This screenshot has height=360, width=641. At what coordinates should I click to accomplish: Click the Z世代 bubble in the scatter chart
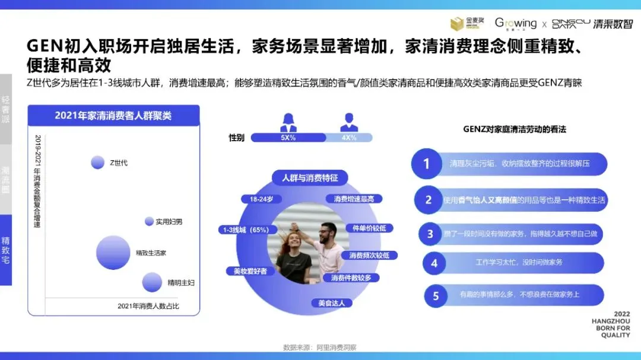pyautogui.click(x=97, y=162)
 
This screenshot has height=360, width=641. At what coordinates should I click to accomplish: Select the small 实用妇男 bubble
pyautogui.click(x=149, y=221)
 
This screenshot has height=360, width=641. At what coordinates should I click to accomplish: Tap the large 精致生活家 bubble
pyautogui.click(x=113, y=252)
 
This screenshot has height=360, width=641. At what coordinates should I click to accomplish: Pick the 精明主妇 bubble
pyautogui.click(x=152, y=282)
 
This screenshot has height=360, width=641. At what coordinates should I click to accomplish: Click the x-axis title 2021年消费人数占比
pyautogui.click(x=148, y=306)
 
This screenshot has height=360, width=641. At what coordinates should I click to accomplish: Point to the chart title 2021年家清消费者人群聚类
pyautogui.click(x=113, y=116)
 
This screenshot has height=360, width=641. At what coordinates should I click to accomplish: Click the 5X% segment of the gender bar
pyautogui.click(x=288, y=138)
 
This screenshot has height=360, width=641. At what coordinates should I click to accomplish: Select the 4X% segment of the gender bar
pyautogui.click(x=349, y=138)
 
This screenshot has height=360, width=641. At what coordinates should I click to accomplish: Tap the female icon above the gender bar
pyautogui.click(x=288, y=122)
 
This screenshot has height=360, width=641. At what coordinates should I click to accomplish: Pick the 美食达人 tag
pyautogui.click(x=331, y=303)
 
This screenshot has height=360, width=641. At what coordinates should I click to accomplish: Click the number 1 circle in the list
pyautogui.click(x=426, y=164)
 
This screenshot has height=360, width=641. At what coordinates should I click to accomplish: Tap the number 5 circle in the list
pyautogui.click(x=436, y=295)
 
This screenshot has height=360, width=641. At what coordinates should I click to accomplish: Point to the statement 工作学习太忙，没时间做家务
pyautogui.click(x=519, y=262)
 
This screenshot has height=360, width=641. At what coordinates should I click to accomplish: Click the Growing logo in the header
pyautogui.click(x=515, y=24)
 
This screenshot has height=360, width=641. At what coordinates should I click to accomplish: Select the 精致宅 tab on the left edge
pyautogui.click(x=6, y=250)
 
